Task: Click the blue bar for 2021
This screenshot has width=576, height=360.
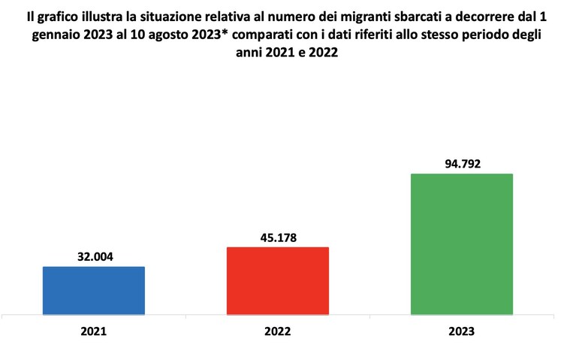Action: [x=94, y=291]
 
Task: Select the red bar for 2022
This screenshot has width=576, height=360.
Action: [x=278, y=281]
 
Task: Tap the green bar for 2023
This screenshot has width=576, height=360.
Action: [x=462, y=244]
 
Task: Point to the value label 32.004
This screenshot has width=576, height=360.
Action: [x=95, y=257]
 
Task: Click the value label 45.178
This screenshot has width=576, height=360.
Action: [x=279, y=238]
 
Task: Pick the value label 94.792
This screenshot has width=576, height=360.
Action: [x=463, y=164]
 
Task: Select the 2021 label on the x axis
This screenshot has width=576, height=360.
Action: [x=94, y=331]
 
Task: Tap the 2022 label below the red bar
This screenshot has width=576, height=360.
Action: [x=278, y=331]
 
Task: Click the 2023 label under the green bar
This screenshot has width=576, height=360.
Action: [x=462, y=331]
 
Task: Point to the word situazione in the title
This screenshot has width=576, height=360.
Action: [x=164, y=17]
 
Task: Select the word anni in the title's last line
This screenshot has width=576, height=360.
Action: [x=249, y=52]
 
